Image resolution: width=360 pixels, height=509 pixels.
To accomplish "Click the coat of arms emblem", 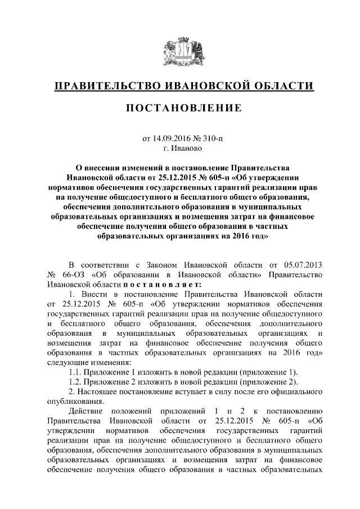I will [x=180, y=51].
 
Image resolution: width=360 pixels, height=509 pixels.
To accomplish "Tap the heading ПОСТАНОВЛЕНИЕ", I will [x=180, y=107].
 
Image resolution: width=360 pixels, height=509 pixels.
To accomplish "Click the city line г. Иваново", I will [x=180, y=148].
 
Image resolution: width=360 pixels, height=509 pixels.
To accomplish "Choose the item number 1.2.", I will [x=75, y=382].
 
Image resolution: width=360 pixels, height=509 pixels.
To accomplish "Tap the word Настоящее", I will [x=96, y=393].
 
